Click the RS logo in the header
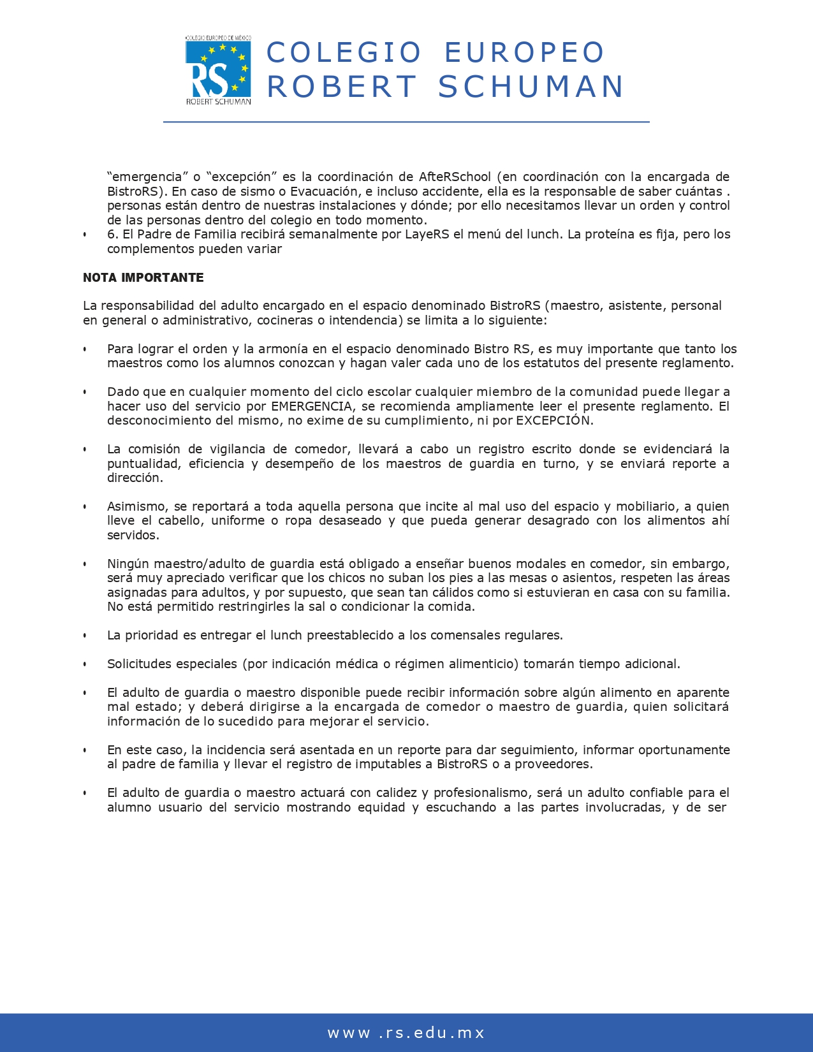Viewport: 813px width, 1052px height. pos(217,70)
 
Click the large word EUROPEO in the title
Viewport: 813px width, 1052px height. pos(524,52)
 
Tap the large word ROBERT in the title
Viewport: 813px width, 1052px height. pos(341,87)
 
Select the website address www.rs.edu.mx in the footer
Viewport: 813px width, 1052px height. pos(406,1033)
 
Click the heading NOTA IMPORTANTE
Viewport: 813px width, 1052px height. pos(143,277)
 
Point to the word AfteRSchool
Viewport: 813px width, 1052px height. pos(455,177)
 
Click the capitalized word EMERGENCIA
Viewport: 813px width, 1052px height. pos(312,406)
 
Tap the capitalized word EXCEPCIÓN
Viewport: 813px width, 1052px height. pos(553,420)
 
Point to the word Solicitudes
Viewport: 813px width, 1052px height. pos(138,664)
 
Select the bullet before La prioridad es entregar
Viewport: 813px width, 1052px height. pos(85,636)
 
